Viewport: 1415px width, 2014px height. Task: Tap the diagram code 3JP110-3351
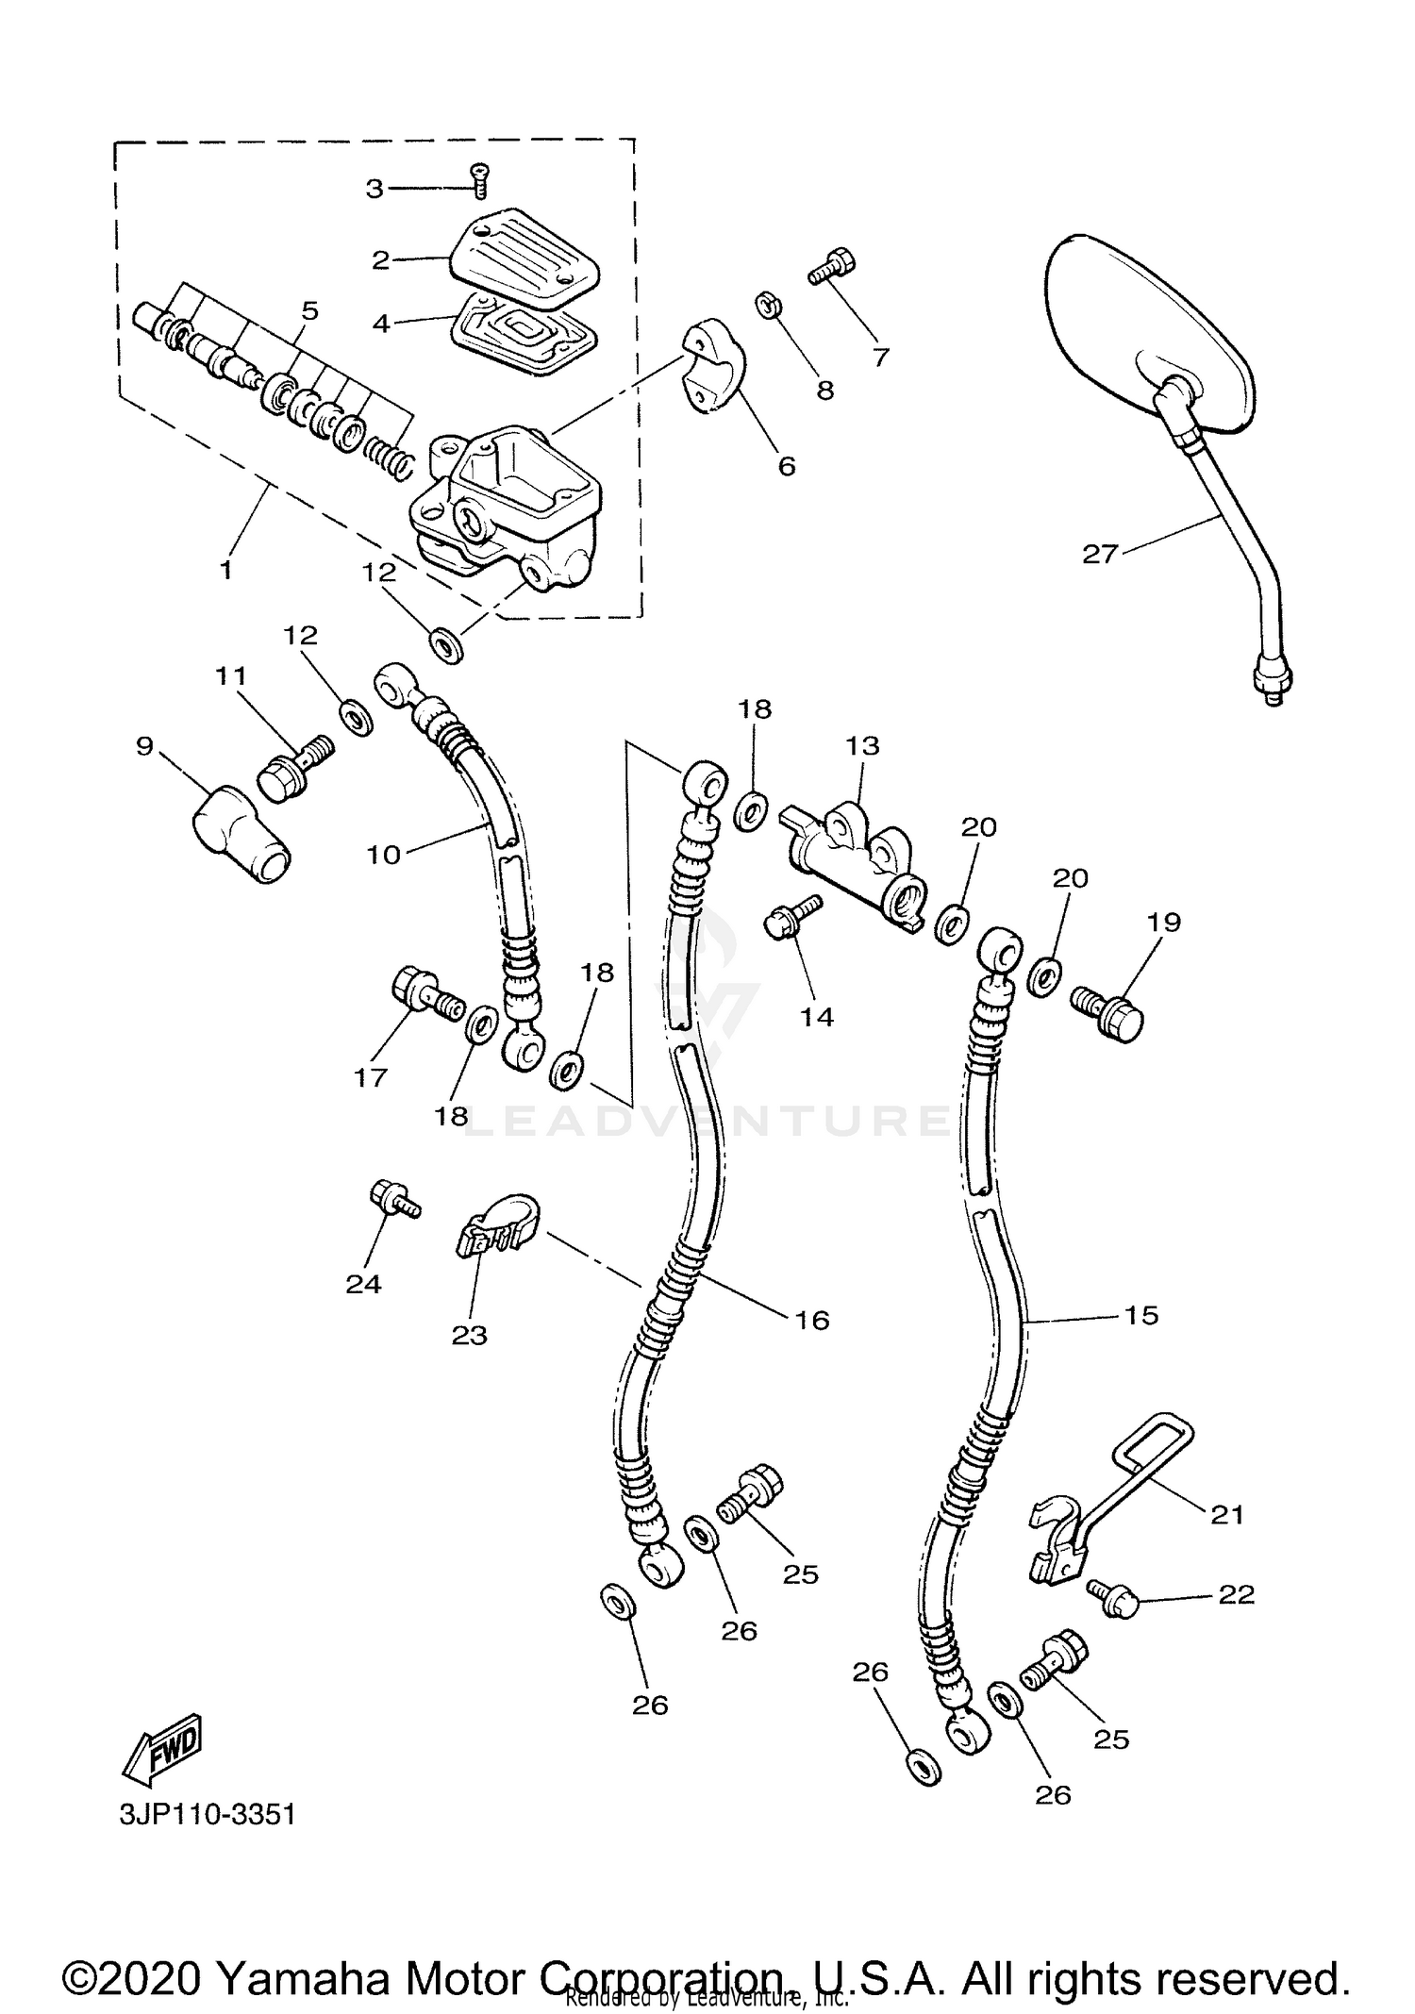tap(208, 1814)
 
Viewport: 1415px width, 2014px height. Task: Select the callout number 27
tap(1100, 554)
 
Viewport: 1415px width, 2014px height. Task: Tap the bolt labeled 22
tap(1113, 1599)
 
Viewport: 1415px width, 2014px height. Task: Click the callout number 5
tap(309, 310)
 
